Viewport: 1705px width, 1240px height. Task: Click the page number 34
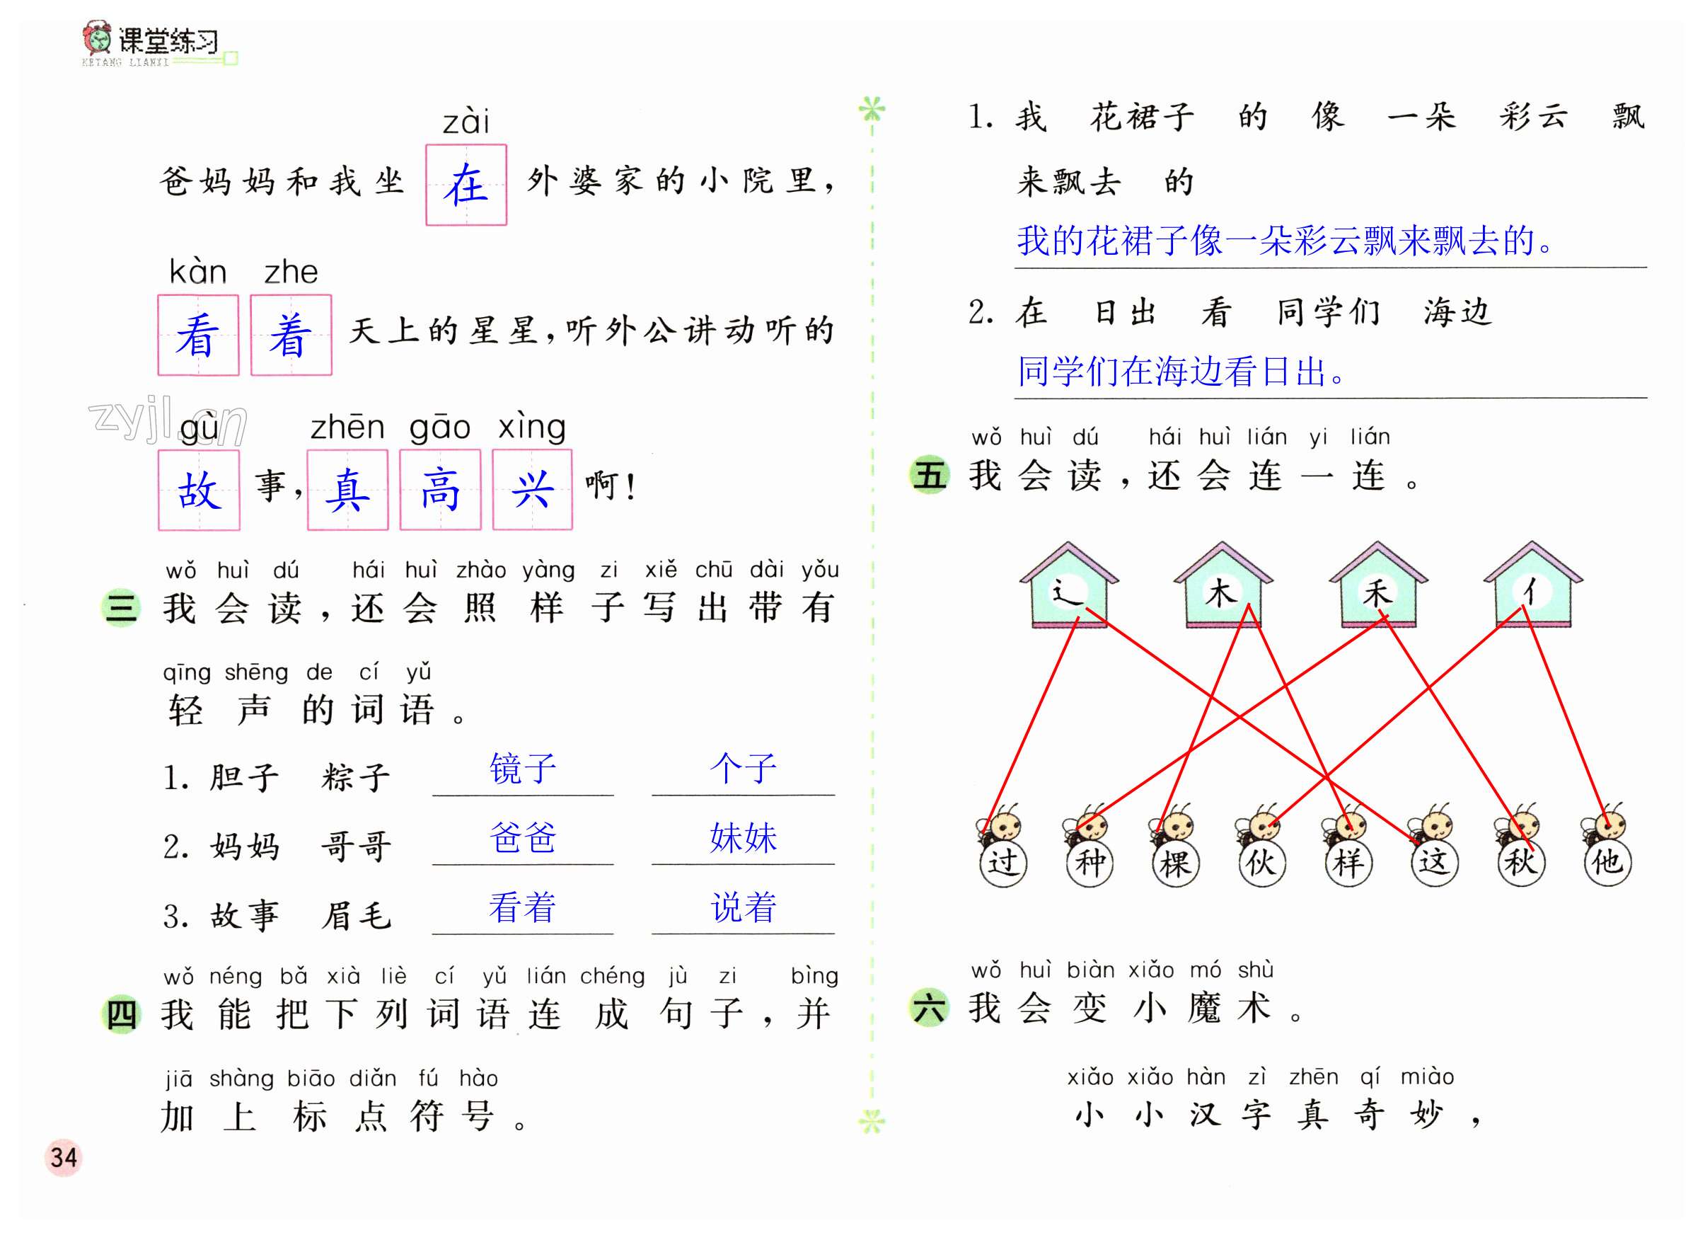pos(63,1157)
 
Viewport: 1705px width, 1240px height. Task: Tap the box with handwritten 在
pos(466,185)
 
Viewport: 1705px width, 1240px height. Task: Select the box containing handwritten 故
pos(199,490)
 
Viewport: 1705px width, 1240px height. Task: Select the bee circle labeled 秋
pos(1520,862)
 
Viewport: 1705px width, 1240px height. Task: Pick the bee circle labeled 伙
pos(1261,862)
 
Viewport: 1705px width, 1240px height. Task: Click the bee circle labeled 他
pos(1607,862)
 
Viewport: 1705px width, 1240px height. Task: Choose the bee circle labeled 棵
pos(1175,862)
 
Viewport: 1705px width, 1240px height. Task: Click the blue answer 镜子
pos(523,769)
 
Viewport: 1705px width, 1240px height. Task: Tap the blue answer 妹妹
pos(743,838)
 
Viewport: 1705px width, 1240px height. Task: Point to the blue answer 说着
pos(743,907)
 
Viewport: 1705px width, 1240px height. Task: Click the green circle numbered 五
pos(929,475)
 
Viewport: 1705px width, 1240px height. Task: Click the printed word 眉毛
pos(357,916)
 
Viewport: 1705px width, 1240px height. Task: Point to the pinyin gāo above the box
pos(440,427)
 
